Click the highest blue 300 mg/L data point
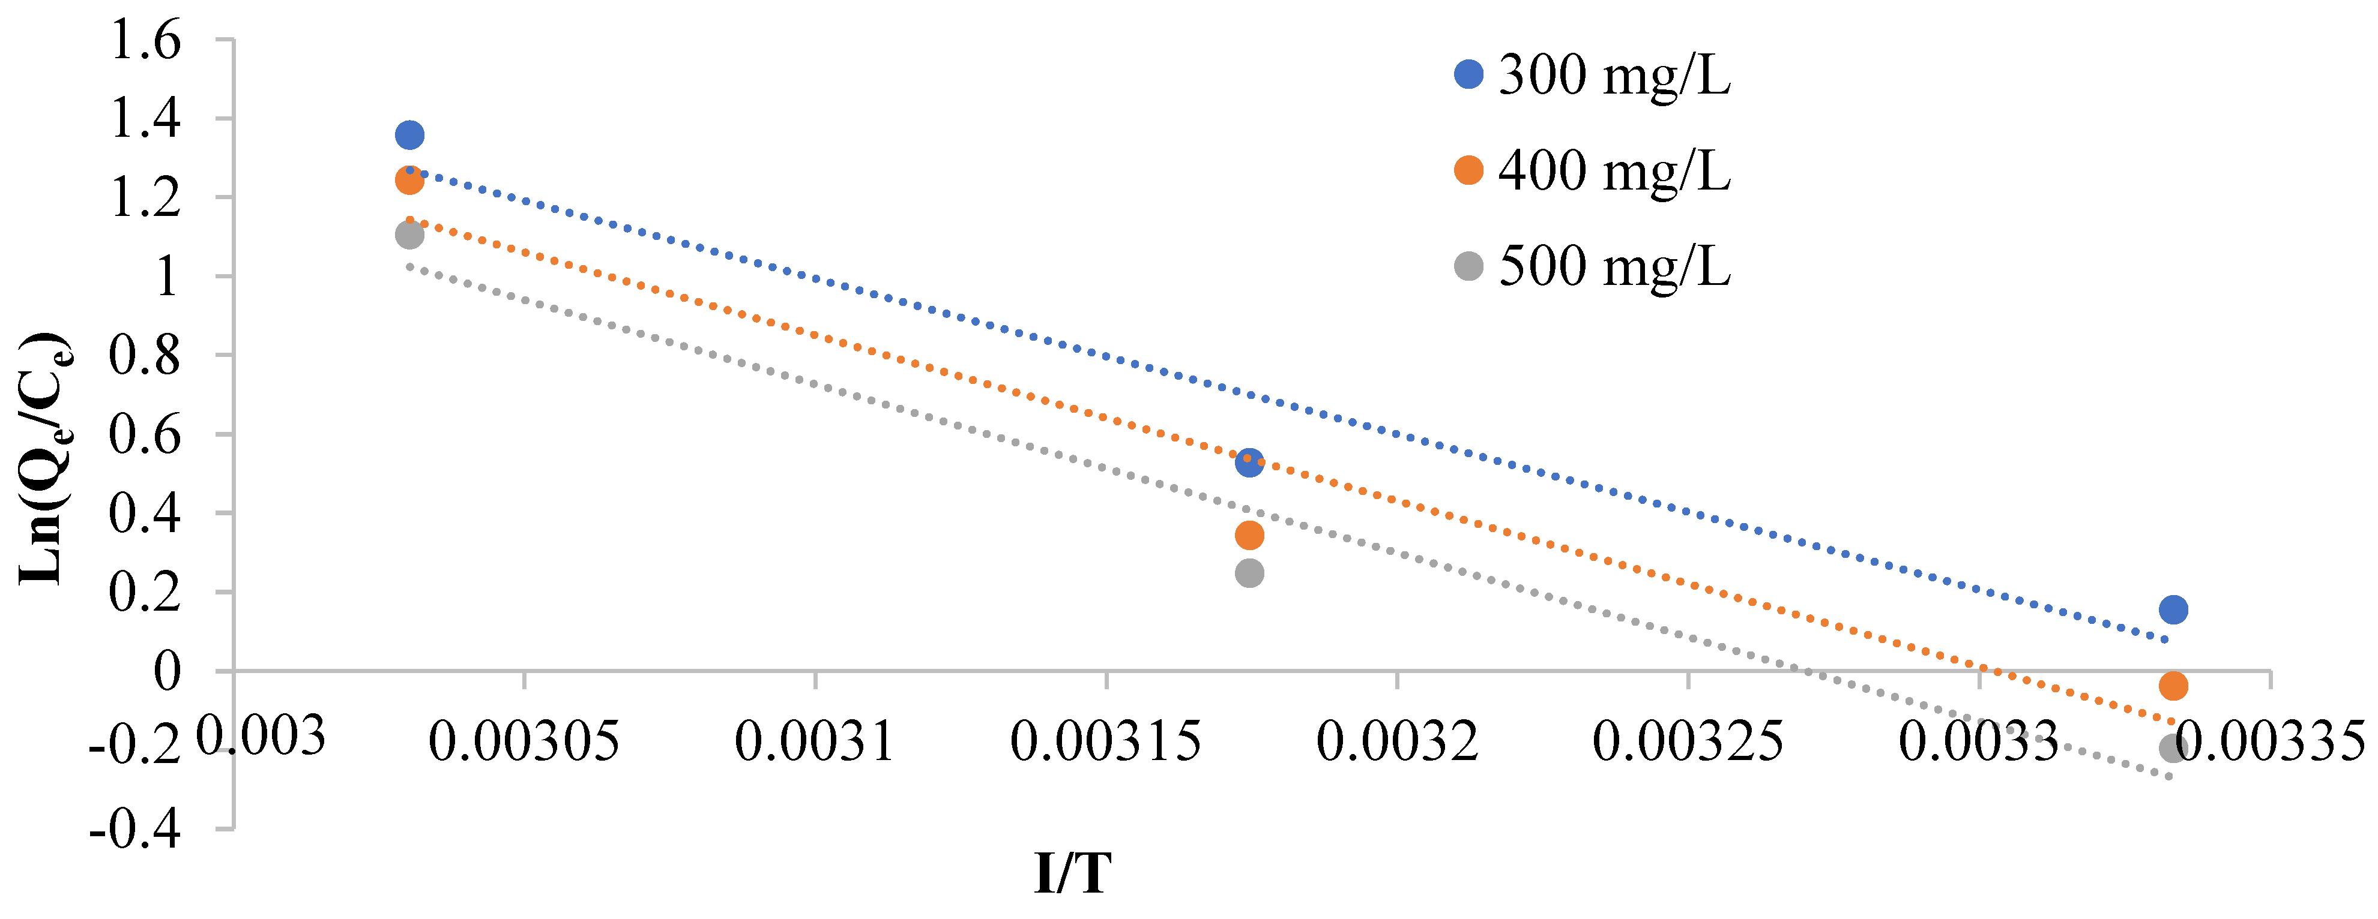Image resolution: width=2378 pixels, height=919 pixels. (x=409, y=136)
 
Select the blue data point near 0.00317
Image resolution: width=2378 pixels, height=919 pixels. (x=1249, y=462)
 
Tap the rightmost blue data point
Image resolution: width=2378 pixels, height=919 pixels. (x=2173, y=609)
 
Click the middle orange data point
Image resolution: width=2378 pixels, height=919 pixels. (x=1249, y=534)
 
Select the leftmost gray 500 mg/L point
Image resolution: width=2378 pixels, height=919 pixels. (x=409, y=235)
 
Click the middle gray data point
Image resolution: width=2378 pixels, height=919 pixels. (x=1249, y=573)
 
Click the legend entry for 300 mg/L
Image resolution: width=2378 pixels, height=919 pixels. (x=1614, y=75)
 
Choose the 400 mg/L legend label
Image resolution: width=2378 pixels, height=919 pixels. (x=1614, y=171)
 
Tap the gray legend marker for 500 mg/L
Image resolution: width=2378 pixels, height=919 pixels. (x=1468, y=267)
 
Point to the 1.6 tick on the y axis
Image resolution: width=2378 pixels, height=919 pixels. (x=146, y=41)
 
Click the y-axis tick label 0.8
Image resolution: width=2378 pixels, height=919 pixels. (x=146, y=355)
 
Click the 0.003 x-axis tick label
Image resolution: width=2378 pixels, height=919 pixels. (x=261, y=736)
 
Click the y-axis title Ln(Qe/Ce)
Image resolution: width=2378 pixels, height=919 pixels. (x=44, y=458)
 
